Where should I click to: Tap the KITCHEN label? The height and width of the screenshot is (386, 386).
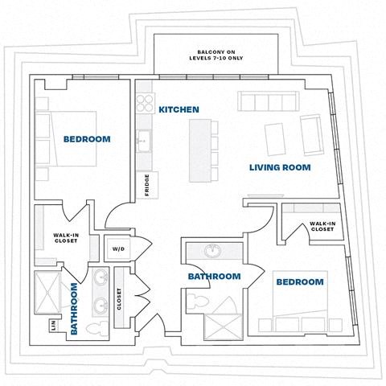click(179, 109)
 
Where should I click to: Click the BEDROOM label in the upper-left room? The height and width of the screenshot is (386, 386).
click(87, 139)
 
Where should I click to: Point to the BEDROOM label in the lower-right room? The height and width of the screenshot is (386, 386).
click(299, 282)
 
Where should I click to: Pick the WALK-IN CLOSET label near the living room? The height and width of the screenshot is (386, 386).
click(322, 226)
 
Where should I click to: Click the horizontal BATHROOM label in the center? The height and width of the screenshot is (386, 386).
click(214, 277)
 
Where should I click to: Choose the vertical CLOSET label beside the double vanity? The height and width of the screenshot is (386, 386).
click(119, 300)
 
